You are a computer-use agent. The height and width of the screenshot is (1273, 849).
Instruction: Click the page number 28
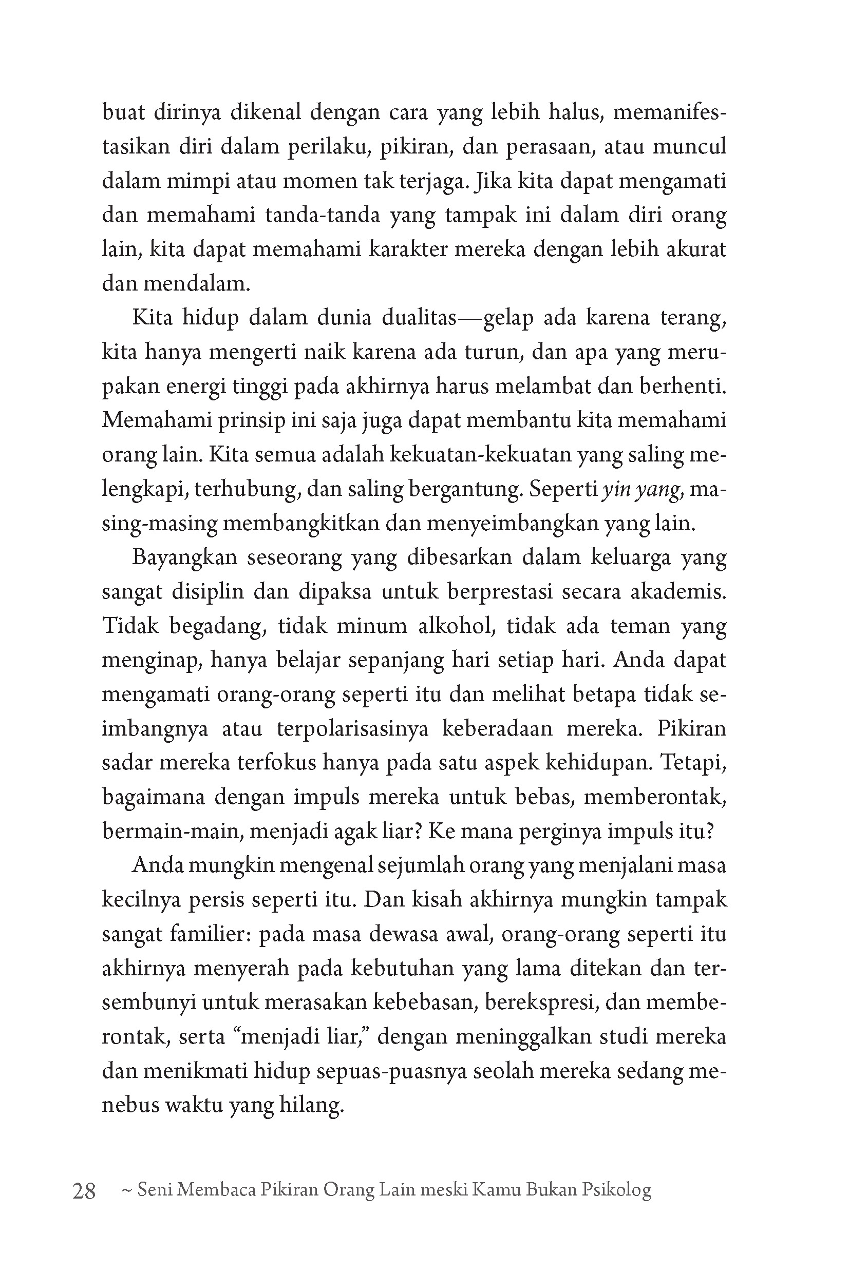(84, 1190)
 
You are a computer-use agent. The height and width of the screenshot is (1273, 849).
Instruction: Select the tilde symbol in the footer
(128, 1190)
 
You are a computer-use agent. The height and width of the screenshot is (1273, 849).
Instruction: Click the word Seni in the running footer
(154, 1190)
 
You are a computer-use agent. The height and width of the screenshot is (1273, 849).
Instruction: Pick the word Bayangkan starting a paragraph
(184, 557)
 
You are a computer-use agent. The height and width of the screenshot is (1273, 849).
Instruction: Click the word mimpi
(203, 181)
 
